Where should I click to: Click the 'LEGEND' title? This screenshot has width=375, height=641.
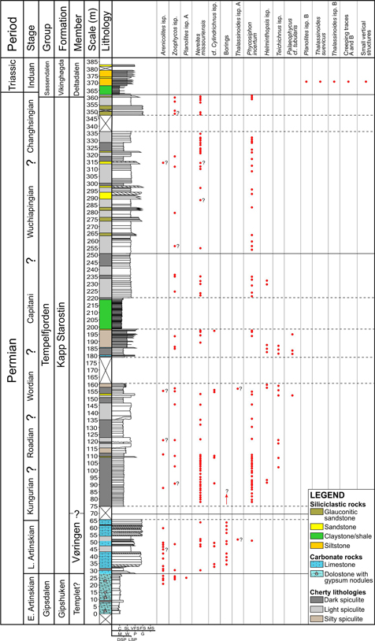click(x=324, y=495)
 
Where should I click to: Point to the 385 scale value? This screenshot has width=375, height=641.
click(x=92, y=62)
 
